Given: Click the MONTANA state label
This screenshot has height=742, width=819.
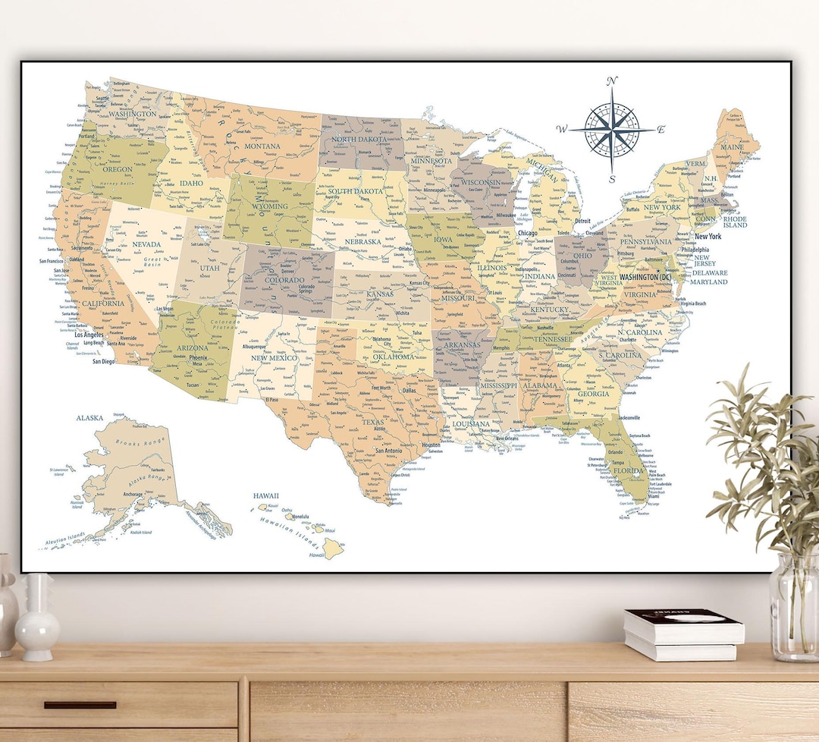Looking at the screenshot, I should point(262,146).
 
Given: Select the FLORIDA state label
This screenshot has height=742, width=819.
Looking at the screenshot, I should point(629,470).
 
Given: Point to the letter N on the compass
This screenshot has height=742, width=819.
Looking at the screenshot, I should point(613,81).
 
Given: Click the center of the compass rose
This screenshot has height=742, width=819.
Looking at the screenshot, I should point(613,130).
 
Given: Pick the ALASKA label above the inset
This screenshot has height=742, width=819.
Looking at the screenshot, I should point(89,418).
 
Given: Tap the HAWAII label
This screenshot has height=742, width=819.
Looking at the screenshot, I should point(266,495).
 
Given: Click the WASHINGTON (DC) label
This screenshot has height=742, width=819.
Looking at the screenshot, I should point(645,278).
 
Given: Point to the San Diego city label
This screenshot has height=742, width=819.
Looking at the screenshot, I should point(104,361).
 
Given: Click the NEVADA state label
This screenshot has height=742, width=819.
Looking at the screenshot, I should point(146,245).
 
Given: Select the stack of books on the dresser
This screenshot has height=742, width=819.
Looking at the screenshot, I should point(683,634).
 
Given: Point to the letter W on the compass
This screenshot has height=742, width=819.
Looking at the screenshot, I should point(561,130).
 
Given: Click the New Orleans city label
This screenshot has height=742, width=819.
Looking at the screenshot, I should point(507,439).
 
